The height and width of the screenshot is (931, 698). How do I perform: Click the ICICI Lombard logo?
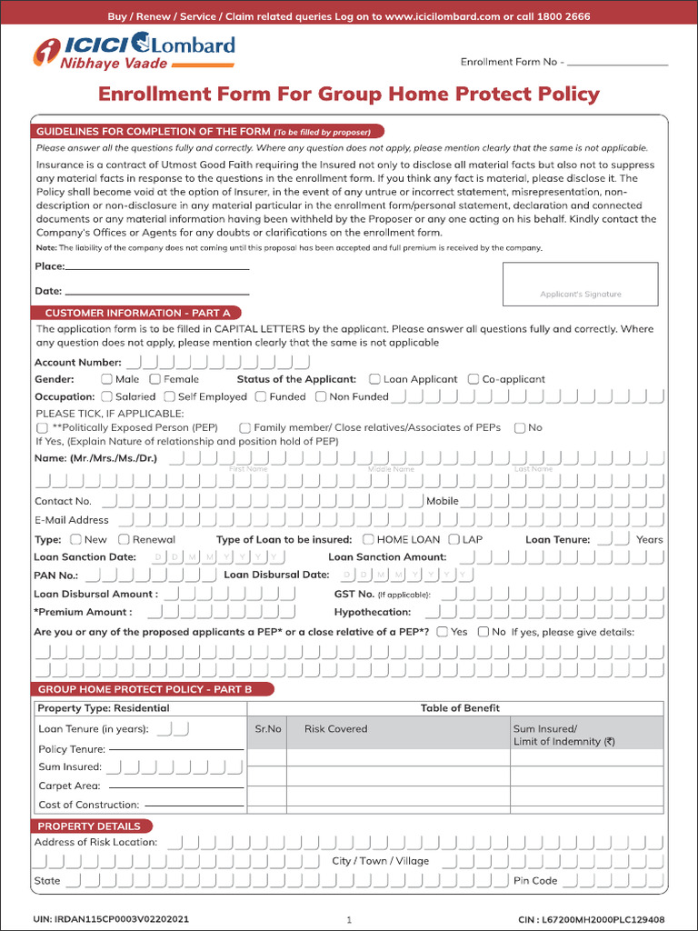(x=134, y=51)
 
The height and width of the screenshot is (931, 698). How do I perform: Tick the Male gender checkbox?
(x=107, y=379)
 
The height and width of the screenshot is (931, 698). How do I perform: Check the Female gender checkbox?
(x=155, y=379)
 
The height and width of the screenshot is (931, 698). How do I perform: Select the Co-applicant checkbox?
(x=474, y=379)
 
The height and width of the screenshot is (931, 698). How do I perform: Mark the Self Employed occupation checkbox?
(x=170, y=396)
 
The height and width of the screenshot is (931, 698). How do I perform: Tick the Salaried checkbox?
(x=107, y=396)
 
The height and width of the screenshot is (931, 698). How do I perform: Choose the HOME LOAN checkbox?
(x=368, y=539)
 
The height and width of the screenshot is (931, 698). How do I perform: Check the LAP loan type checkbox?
(x=454, y=539)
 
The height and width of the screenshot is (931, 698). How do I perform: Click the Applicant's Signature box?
(x=580, y=284)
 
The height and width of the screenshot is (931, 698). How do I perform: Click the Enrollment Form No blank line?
(x=617, y=65)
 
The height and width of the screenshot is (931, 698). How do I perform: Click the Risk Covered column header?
(x=335, y=729)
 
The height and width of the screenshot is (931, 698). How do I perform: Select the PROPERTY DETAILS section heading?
(x=89, y=826)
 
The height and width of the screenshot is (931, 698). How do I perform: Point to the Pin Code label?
(x=535, y=880)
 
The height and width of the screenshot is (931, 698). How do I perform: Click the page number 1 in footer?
(x=349, y=920)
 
